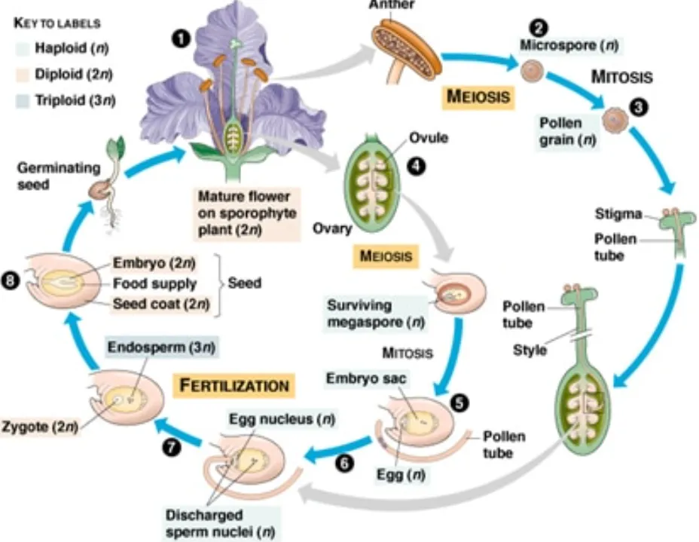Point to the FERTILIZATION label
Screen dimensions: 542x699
click(234, 384)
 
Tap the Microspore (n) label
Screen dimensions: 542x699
click(569, 46)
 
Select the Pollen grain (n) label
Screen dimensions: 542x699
click(560, 130)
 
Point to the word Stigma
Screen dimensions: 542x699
click(622, 214)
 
